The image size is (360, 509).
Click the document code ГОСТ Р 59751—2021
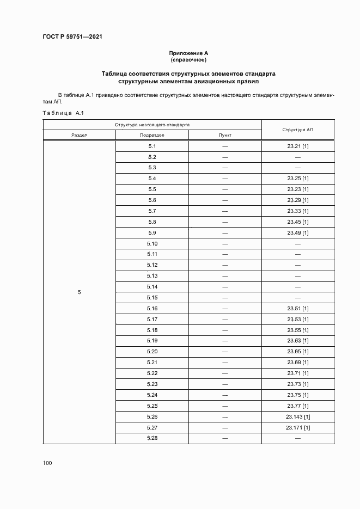[72, 36]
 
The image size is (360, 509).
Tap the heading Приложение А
[188, 53]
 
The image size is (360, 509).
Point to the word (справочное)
[188, 59]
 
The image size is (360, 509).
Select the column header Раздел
[79, 135]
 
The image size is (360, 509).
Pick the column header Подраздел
[152, 135]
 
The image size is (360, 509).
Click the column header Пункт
[224, 135]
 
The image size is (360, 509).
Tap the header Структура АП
[297, 130]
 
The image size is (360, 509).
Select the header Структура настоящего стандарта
[152, 125]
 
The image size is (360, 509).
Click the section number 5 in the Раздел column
[79, 292]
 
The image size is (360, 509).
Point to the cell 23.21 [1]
[297, 146]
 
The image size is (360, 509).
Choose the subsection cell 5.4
[152, 179]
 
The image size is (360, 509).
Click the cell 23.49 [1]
[297, 233]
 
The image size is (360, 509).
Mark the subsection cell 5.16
[152, 309]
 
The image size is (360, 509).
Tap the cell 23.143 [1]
[297, 416]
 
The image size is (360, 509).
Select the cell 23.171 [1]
[297, 427]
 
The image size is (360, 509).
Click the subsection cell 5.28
[152, 438]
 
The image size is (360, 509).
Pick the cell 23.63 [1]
[297, 341]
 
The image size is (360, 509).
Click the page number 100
[47, 463]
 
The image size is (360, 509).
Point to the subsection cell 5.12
[152, 265]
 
